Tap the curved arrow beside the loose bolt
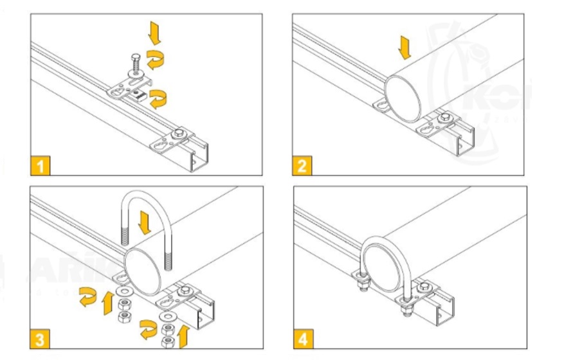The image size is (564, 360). [155, 59]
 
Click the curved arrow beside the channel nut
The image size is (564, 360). [158, 98]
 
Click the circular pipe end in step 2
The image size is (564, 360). [404, 96]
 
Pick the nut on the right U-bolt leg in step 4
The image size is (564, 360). [406, 309]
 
